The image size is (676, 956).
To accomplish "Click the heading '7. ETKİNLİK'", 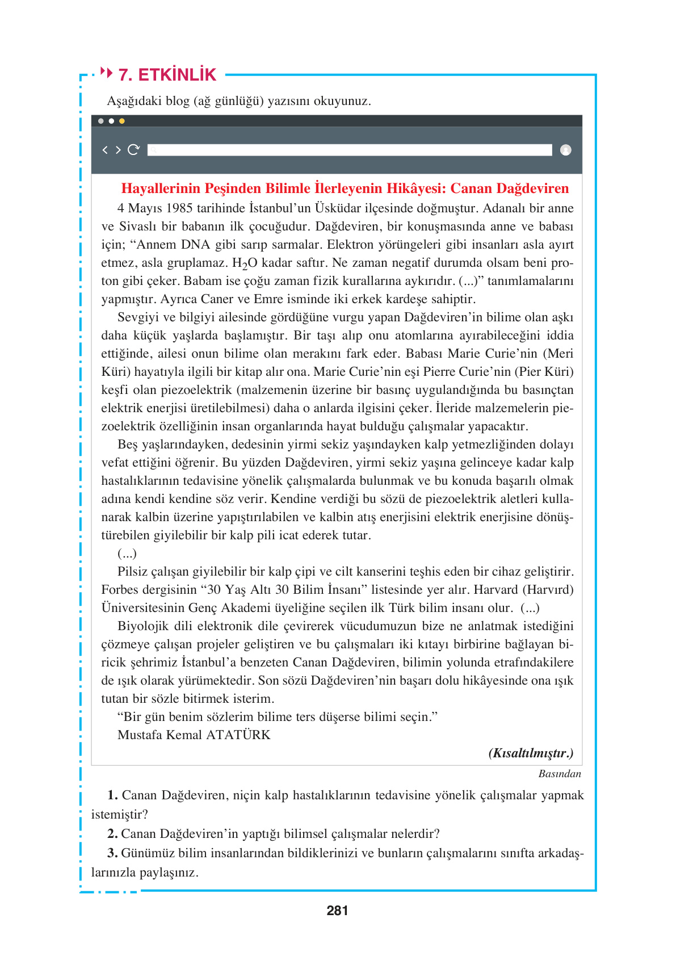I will coord(167,74).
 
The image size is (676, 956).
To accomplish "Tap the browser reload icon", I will coord(133,150).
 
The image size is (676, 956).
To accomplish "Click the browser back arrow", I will coord(105,150).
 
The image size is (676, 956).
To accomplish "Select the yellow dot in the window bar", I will coord(122,121).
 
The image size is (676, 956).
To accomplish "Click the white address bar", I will coord(349,150).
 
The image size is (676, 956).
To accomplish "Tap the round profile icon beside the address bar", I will coord(565,150).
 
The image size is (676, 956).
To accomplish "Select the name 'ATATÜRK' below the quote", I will coord(238,735).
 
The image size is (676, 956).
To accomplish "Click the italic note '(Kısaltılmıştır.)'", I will coord(531,753).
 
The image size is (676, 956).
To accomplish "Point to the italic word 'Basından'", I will coord(559,774).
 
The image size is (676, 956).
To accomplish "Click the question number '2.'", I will coord(112,834).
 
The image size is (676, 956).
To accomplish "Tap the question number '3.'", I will coord(112,853).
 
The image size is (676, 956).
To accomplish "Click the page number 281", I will coord(337,911).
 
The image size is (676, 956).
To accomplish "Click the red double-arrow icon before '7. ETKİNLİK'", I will coord(106,72).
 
